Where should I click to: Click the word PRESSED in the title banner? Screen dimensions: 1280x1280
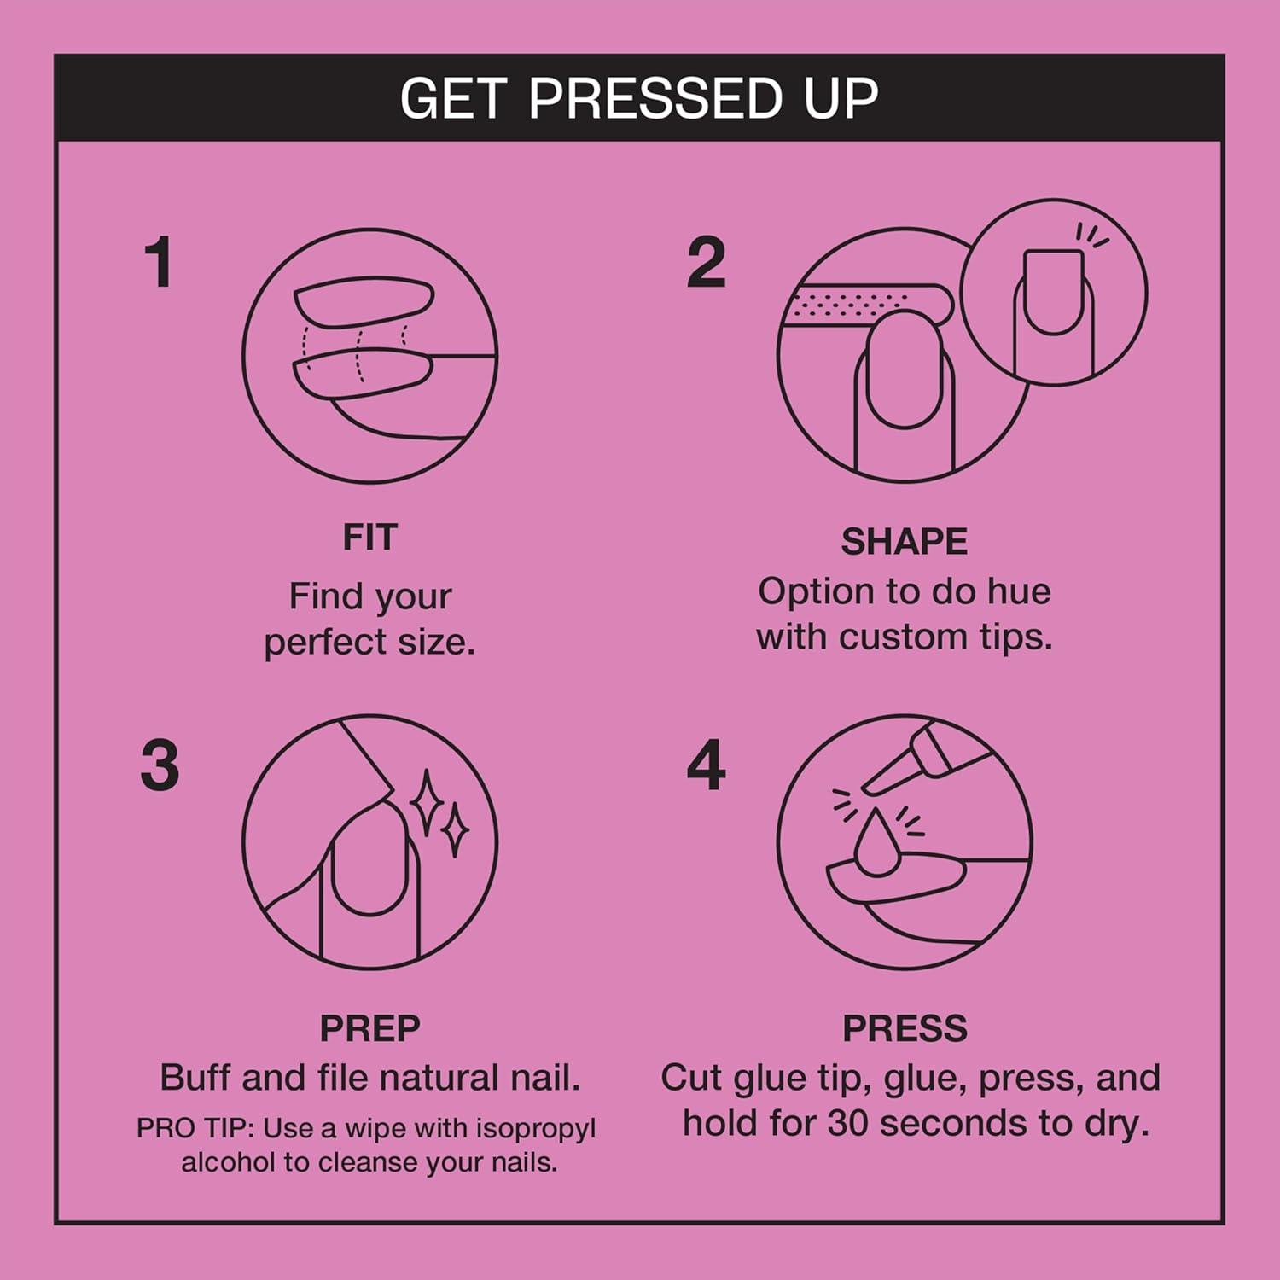pos(655,98)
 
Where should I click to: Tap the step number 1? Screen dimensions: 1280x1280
pos(160,263)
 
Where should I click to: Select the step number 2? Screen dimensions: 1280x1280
pos(707,263)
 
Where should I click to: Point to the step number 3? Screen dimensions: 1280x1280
pos(160,765)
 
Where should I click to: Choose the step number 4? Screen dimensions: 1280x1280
pos(707,765)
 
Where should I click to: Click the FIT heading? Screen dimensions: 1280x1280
pos(369,538)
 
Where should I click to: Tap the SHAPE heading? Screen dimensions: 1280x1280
pos(904,542)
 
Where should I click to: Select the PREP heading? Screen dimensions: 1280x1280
pos(369,1028)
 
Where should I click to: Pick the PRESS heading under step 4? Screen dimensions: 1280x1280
pos(905,1028)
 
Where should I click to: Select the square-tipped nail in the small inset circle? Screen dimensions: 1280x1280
pos(1053,290)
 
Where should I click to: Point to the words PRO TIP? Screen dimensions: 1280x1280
pos(195,1129)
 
